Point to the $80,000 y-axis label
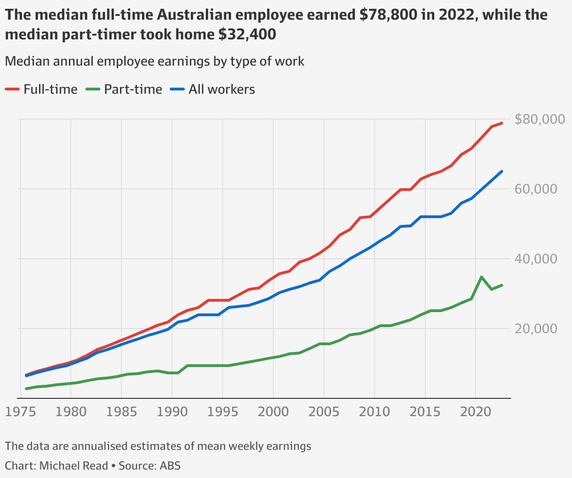click(540, 119)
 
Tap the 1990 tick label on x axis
click(172, 412)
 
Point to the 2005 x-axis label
click(324, 412)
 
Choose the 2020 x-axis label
click(475, 412)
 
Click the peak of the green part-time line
click(482, 277)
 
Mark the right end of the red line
click(502, 123)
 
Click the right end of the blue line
click(502, 171)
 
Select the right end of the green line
click(502, 285)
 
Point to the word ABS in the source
click(170, 466)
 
